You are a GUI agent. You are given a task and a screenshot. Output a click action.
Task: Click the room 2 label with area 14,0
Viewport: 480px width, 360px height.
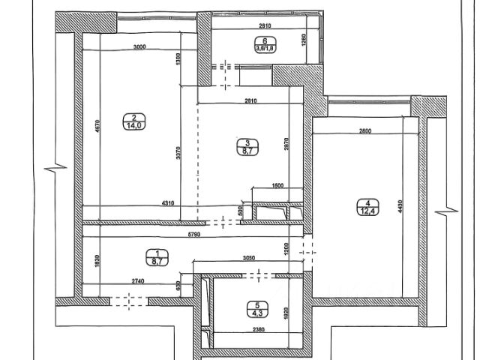pos(133,121)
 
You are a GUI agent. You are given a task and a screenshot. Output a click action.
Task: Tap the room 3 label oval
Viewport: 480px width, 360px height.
pos(245,146)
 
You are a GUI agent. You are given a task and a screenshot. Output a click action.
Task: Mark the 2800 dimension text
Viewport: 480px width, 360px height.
pos(365,132)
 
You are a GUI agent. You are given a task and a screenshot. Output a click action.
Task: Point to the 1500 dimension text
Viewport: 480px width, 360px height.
pos(277,187)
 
